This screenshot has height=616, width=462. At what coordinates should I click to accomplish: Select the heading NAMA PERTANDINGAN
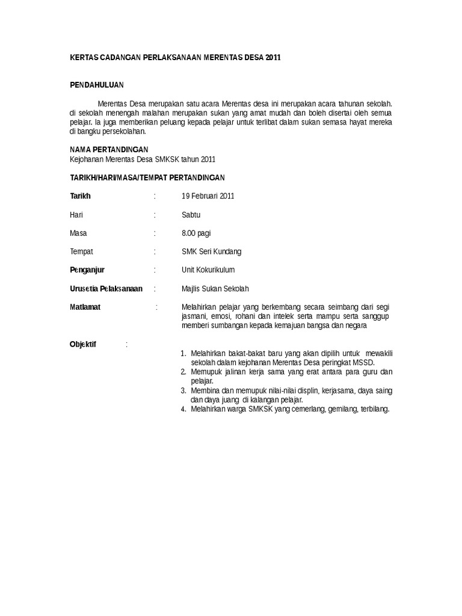[109, 149]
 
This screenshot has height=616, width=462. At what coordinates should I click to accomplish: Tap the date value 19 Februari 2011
[208, 196]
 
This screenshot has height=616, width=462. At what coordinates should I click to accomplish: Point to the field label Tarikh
[80, 196]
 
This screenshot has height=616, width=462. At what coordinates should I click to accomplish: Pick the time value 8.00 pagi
[196, 233]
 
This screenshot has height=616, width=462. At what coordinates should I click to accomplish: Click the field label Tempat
[81, 251]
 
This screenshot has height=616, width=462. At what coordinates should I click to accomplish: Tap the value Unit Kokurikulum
[208, 270]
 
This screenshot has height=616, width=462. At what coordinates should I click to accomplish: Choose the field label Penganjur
[87, 270]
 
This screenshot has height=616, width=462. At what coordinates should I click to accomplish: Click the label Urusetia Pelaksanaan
[106, 289]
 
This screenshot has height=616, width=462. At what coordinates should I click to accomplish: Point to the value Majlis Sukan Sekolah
[215, 289]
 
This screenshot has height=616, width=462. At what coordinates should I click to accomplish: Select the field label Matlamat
[85, 307]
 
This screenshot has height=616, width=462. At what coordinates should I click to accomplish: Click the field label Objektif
[83, 345]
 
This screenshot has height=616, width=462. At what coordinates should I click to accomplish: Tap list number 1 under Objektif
[183, 354]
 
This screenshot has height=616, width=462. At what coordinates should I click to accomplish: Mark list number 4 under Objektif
[183, 410]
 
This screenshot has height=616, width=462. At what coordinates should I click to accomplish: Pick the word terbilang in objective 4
[374, 410]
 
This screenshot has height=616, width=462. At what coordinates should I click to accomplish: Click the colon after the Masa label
[155, 233]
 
